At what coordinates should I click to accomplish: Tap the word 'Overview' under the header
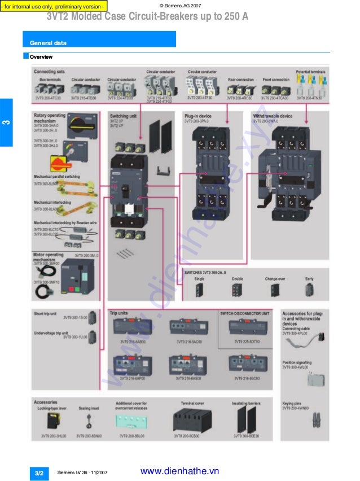41,57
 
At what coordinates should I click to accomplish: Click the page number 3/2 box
39,473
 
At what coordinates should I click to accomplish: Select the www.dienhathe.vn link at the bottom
179,471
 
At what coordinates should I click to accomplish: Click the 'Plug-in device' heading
197,116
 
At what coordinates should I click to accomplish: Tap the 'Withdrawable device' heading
273,116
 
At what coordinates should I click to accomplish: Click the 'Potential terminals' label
310,72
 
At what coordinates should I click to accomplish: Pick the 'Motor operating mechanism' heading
49,257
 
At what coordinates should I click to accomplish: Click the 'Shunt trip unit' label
45,314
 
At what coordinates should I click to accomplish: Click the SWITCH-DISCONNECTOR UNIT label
244,313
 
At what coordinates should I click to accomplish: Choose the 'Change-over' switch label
275,279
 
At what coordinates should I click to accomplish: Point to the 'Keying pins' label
292,404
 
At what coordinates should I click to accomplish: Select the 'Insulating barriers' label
246,404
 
